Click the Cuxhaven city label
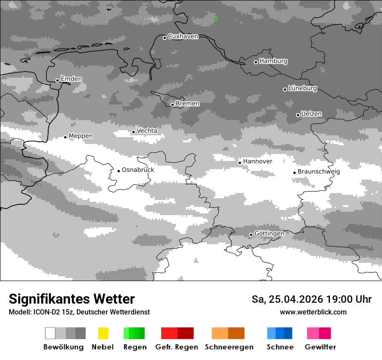(x=183, y=37)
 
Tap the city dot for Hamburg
(x=256, y=62)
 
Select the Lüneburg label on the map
(x=303, y=88)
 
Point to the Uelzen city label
(x=311, y=114)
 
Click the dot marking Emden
(x=57, y=80)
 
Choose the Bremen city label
(x=188, y=104)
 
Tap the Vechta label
(x=147, y=131)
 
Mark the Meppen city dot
(x=66, y=137)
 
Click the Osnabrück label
(x=138, y=170)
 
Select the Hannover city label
(x=257, y=162)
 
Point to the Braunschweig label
(x=319, y=172)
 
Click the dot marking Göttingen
(x=251, y=235)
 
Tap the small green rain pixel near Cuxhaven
(x=216, y=20)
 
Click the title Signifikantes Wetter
(x=72, y=299)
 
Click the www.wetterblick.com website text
(x=313, y=312)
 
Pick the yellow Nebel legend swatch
(x=103, y=333)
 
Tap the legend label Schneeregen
(x=229, y=347)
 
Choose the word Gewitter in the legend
(x=320, y=347)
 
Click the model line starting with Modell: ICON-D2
(x=79, y=312)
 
